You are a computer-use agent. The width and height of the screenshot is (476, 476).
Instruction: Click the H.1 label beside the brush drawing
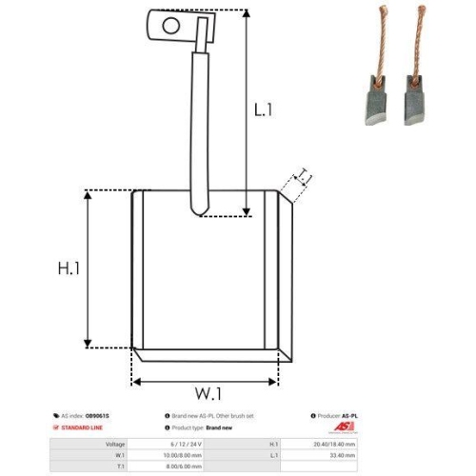[68, 269]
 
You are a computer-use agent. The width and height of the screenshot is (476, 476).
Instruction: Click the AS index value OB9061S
[99, 417]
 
